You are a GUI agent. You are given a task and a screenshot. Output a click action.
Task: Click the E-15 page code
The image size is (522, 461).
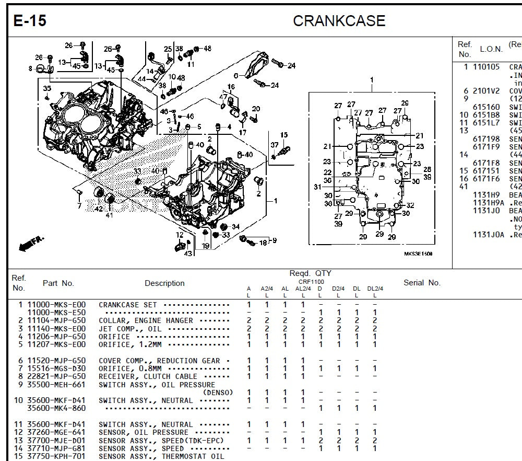pyautogui.click(x=30, y=21)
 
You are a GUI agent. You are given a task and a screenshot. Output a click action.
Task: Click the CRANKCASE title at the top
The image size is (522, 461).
pyautogui.click(x=339, y=21)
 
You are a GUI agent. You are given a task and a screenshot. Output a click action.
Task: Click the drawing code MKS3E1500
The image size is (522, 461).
pyautogui.click(x=418, y=254)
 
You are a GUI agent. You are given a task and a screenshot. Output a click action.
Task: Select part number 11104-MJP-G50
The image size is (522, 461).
pyautogui.click(x=56, y=320)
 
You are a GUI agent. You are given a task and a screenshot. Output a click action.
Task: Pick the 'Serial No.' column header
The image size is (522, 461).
pyautogui.click(x=422, y=283)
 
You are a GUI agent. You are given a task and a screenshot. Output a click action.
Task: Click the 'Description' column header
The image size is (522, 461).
pyautogui.click(x=164, y=283)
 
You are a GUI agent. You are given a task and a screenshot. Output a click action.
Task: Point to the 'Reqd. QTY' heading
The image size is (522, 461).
pyautogui.click(x=310, y=273)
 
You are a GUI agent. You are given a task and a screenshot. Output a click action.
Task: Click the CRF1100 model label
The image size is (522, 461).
pyautogui.click(x=311, y=282)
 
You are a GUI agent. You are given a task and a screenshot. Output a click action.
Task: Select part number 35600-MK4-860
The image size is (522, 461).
pyautogui.click(x=56, y=408)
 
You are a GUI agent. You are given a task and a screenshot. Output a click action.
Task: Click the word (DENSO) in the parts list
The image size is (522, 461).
pyautogui.click(x=218, y=393)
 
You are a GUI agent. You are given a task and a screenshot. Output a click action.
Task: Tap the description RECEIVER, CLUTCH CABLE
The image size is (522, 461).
pyautogui.click(x=148, y=376)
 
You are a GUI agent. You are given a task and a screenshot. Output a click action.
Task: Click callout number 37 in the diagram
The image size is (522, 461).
pyautogui.click(x=275, y=145)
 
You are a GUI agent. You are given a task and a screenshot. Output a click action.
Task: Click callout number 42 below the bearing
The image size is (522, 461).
pyautogui.click(x=99, y=209)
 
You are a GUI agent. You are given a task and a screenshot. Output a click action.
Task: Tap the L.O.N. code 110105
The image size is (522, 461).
pyautogui.click(x=485, y=67)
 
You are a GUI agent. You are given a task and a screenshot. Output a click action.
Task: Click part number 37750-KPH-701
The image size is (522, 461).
pyautogui.click(x=56, y=456)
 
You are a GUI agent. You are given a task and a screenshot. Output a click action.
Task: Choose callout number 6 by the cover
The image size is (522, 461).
pyautogui.click(x=235, y=76)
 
